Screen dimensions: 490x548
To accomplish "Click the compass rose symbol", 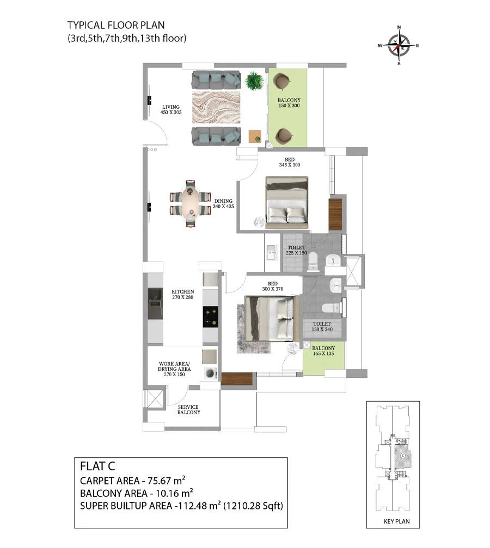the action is [x=399, y=46].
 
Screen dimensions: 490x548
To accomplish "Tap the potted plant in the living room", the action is [x=255, y=81].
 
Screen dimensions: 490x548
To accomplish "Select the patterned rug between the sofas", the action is [x=216, y=108].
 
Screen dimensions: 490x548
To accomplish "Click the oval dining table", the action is [x=190, y=204].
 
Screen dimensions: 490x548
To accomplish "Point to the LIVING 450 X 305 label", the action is [x=171, y=109].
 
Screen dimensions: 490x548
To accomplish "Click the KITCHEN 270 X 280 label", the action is [x=182, y=294].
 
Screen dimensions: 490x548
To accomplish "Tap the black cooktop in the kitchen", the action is [x=210, y=317].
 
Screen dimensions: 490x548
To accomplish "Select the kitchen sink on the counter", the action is [x=155, y=303].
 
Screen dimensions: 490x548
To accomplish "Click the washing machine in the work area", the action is [x=211, y=373].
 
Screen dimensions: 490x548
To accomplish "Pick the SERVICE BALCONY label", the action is [x=188, y=409].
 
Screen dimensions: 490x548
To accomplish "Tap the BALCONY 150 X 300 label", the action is [x=289, y=103].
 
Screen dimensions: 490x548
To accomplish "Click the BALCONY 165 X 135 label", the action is [x=323, y=351].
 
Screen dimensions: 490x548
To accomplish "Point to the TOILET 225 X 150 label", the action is [x=296, y=250].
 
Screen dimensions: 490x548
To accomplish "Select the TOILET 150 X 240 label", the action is [x=322, y=326].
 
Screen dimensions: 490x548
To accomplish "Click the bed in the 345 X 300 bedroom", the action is [x=287, y=203].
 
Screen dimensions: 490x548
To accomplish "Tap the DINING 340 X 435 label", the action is [x=223, y=203].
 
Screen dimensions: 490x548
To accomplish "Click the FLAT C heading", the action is [x=97, y=466].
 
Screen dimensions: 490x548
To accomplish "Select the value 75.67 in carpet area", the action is [x=159, y=481].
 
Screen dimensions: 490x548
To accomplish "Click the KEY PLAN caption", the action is [x=396, y=521].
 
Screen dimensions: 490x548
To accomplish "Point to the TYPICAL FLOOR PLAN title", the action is [x=116, y=25].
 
